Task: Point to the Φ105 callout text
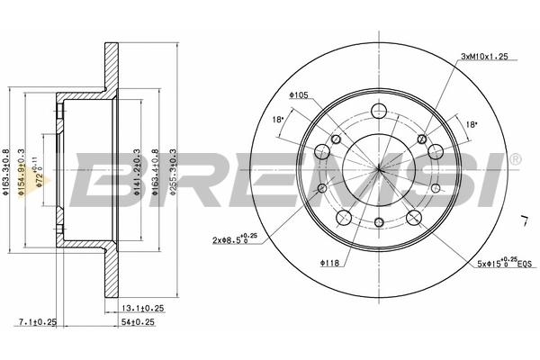(x=299, y=94)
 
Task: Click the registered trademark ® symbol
(x=515, y=160)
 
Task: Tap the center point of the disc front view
(x=379, y=168)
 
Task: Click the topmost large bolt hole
(x=379, y=112)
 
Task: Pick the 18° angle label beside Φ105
(x=278, y=119)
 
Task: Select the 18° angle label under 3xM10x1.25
(x=470, y=125)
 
